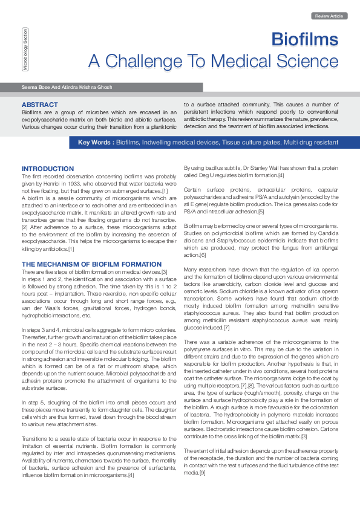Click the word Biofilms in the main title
point(304,40)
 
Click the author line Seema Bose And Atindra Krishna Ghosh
point(67,88)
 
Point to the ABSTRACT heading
point(40,105)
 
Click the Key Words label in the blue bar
point(96,143)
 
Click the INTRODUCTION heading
point(48,169)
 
